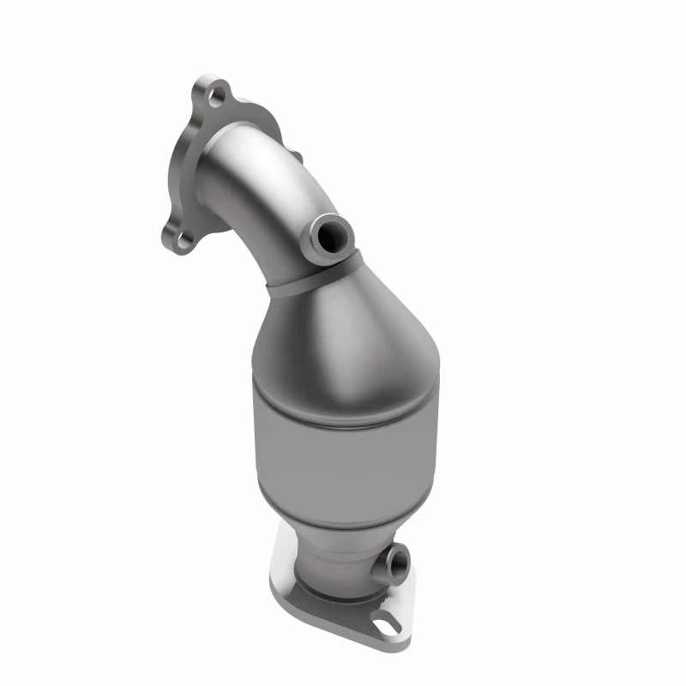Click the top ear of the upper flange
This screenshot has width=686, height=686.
tap(206, 86)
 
